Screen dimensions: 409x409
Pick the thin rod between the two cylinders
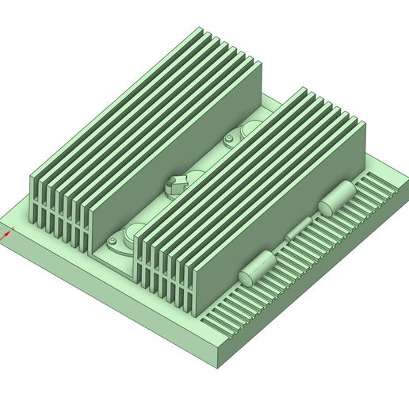(x=298, y=231)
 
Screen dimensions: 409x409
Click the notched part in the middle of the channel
(x=176, y=184)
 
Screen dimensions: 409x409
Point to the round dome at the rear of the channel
(x=252, y=129)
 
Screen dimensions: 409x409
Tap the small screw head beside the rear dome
(x=229, y=142)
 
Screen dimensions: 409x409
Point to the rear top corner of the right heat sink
(x=301, y=88)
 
